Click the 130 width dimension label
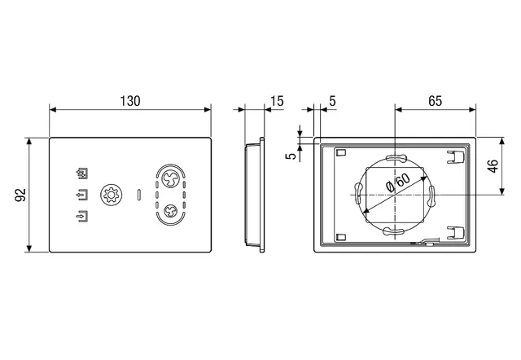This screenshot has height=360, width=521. (130, 101)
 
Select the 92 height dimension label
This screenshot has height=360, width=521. (20, 195)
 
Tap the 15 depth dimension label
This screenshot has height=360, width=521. (277, 101)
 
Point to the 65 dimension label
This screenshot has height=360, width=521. (436, 101)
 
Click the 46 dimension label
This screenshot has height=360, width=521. (493, 166)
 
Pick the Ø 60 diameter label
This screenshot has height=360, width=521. (398, 182)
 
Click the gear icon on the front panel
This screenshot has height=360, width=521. (112, 195)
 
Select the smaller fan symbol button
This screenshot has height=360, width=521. (170, 211)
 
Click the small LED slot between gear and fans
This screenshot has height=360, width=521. (139, 195)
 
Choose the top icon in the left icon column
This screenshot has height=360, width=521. (82, 173)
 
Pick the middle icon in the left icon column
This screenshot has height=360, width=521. (82, 195)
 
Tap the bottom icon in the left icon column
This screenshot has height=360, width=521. (82, 216)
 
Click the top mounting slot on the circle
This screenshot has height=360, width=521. (395, 159)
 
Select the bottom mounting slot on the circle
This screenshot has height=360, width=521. (394, 231)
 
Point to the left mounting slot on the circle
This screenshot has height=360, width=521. (358, 193)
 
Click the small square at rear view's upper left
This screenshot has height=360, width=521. (341, 152)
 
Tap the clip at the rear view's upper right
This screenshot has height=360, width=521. (455, 156)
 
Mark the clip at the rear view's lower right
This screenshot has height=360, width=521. (455, 232)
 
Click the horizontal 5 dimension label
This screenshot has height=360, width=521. (333, 101)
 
